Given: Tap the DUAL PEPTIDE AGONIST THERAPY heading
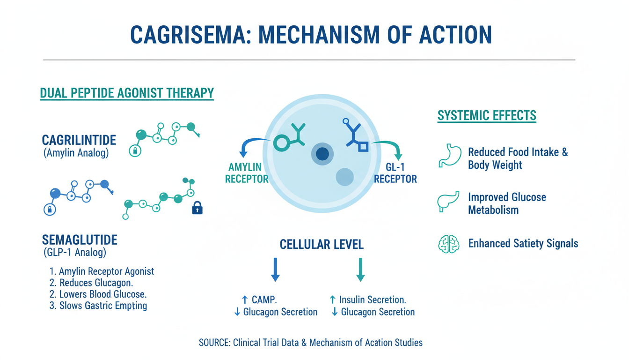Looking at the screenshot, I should [x=127, y=93].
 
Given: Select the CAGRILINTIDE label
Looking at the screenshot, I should [x=79, y=140].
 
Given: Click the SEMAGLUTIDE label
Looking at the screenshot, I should [x=80, y=240].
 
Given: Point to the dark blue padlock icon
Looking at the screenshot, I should [x=197, y=208].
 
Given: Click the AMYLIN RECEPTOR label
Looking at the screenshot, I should [x=247, y=172].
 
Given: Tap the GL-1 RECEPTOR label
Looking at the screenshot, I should [x=395, y=172].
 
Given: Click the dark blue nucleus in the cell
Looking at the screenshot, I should [x=322, y=153].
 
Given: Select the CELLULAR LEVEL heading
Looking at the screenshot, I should [x=322, y=244].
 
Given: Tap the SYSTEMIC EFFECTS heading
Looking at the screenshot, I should [x=487, y=115].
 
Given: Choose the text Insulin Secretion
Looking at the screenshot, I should [x=373, y=300].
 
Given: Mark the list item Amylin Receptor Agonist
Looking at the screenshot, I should [x=106, y=271].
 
